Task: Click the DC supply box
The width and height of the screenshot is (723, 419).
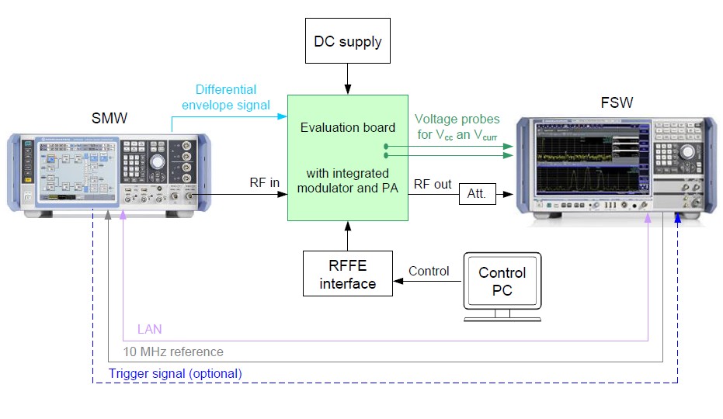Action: [x=347, y=41]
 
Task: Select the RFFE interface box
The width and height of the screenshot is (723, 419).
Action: [x=347, y=274]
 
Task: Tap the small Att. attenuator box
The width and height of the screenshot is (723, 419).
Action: [x=476, y=194]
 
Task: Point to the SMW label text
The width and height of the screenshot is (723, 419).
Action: [x=109, y=119]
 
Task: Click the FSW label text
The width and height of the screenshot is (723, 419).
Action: [x=615, y=102]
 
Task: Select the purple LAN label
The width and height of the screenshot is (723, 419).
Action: [x=149, y=330]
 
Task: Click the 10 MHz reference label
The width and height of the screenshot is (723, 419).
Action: [x=172, y=351]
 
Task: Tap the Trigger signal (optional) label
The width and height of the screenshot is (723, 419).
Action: [x=175, y=373]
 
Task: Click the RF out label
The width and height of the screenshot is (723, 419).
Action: [x=433, y=184]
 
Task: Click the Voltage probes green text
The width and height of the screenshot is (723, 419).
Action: [x=457, y=127]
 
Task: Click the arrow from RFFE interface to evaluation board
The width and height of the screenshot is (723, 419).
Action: [x=347, y=235]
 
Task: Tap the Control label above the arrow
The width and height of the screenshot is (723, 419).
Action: [x=429, y=272]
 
